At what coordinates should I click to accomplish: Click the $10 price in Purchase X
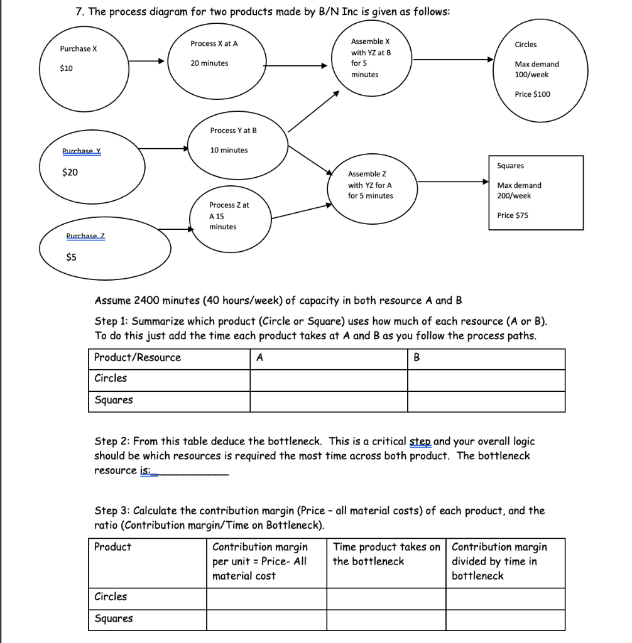tap(66, 68)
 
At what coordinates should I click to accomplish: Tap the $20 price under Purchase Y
tap(70, 172)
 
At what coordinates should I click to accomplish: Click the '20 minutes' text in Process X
tap(210, 63)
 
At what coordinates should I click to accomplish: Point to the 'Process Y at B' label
tap(233, 131)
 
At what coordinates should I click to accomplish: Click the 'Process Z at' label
tap(229, 205)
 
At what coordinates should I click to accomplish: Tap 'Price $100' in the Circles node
tap(532, 94)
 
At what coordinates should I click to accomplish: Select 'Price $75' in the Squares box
tap(513, 215)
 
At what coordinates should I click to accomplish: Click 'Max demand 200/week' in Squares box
tap(518, 190)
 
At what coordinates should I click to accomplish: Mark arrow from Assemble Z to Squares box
tap(453, 182)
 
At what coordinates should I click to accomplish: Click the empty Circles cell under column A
tap(329, 379)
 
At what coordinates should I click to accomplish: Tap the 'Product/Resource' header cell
tap(138, 358)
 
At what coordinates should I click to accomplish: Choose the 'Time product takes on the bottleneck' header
tap(386, 554)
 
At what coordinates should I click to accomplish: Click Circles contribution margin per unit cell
tap(266, 597)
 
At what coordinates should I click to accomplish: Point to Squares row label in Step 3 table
tap(114, 619)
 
